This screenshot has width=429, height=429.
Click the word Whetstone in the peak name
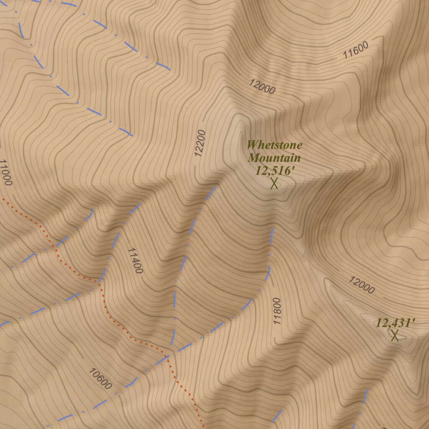point(274,145)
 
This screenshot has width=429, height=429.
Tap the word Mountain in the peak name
point(274,158)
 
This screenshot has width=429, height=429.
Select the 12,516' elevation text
point(274,171)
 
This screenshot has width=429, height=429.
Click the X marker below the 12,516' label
point(274,183)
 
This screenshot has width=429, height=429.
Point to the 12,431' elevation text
point(395,323)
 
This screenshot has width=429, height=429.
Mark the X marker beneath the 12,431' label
point(394,335)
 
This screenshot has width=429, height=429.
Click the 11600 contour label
point(356,50)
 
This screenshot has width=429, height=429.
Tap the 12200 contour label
point(200,143)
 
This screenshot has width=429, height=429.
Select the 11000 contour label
point(6,172)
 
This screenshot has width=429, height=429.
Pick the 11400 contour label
point(135,260)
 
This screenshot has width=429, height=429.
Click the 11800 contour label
point(277,311)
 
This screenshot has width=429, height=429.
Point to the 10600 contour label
point(101,379)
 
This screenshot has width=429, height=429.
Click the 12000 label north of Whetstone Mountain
point(262,86)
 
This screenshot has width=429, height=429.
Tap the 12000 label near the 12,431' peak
point(362,285)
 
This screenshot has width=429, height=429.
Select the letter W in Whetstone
point(252,145)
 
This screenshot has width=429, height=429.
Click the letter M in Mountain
point(253,158)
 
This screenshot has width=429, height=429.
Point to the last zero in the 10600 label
point(109,386)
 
